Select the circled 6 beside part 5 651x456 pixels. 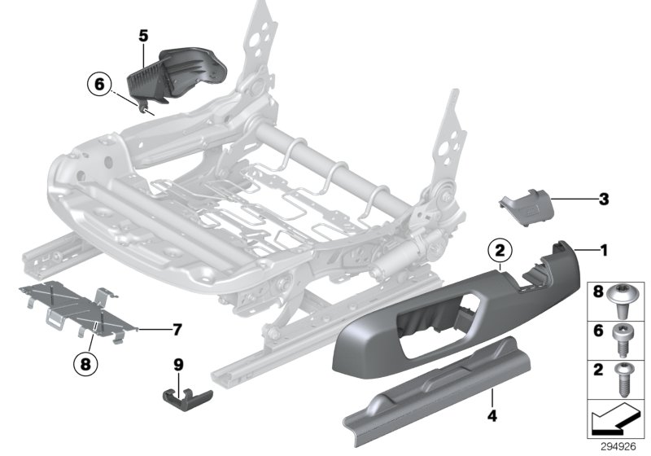coord(98,84)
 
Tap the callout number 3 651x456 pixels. coord(603,198)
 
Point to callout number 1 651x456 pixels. coord(603,251)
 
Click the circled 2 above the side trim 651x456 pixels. coord(500,251)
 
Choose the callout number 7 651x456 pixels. coord(176,330)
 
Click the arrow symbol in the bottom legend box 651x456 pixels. coord(615,421)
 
